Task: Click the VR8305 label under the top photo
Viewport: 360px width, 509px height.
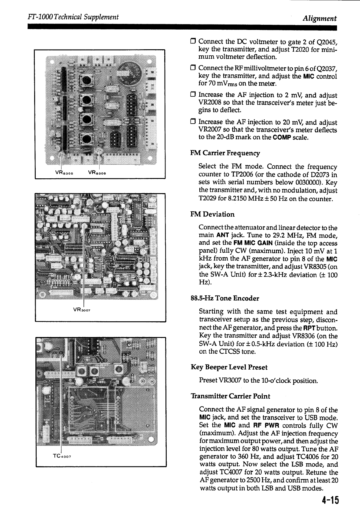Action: [x=63, y=173]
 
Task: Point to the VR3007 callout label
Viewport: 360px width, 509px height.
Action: [x=82, y=310]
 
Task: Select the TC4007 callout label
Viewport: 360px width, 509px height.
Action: [x=62, y=456]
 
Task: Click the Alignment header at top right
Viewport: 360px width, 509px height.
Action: [x=320, y=18]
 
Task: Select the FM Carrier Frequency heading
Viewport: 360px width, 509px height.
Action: [x=225, y=153]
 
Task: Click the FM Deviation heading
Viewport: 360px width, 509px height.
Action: [x=212, y=214]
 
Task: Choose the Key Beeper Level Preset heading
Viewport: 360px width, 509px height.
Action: [x=229, y=367]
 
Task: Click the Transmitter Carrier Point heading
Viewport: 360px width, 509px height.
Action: [x=230, y=396]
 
